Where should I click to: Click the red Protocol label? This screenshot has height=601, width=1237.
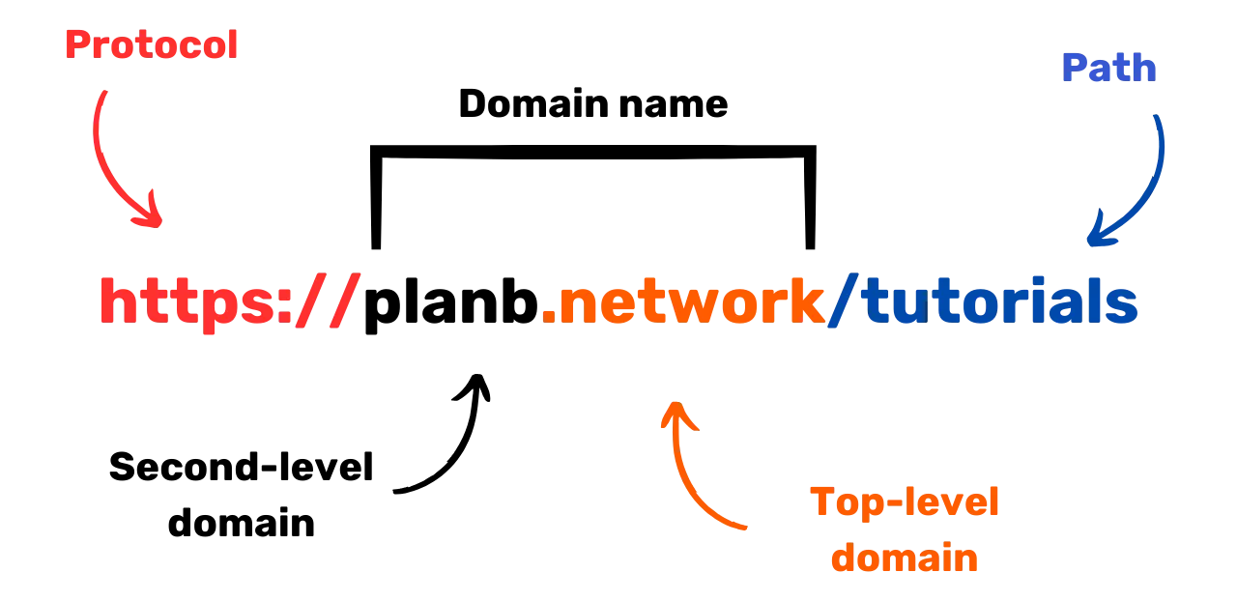coord(150,44)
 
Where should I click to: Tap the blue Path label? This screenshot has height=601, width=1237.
coord(1108,68)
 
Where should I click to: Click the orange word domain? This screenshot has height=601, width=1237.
coord(906,558)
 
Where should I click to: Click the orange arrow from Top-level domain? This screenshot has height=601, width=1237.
coord(691,473)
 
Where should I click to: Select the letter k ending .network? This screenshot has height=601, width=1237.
coord(804,301)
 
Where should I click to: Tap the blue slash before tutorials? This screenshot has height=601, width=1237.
coord(844,301)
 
